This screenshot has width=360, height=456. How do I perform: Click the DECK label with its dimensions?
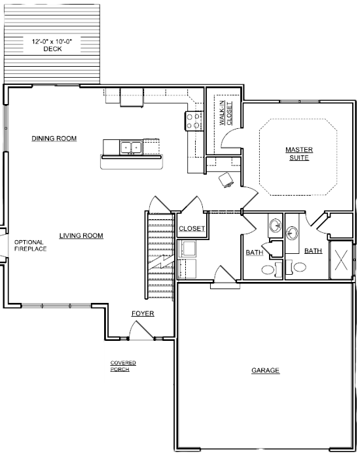52,45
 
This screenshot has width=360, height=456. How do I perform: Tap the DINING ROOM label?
54,139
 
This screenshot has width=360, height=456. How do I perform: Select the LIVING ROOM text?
81,236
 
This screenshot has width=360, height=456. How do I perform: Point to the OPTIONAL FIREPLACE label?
30,245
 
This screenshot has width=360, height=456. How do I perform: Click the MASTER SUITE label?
299,154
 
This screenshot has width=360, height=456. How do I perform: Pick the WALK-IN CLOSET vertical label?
226,113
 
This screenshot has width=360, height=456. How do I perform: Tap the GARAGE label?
265,370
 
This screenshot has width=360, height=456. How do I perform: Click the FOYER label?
143,313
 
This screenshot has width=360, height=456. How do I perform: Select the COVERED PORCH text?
123,366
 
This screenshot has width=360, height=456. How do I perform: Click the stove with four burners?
194,121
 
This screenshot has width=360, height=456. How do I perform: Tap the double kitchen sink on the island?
131,147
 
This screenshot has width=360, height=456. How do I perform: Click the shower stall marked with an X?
341,260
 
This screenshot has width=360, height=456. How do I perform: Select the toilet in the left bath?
272,270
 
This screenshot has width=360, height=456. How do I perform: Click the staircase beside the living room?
160,255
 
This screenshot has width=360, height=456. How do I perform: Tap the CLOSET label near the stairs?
192,228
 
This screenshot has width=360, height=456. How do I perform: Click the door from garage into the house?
225,274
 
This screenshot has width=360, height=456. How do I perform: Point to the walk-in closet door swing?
231,139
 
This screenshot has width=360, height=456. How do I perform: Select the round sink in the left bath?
275,225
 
